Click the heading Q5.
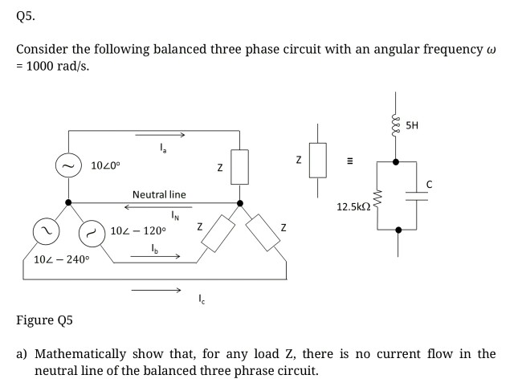[x=26, y=14]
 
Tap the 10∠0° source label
[x=106, y=166]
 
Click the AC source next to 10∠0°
[x=67, y=165]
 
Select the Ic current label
[x=200, y=300]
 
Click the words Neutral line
[x=159, y=194]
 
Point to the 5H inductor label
[x=413, y=125]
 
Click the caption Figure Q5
[x=45, y=320]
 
